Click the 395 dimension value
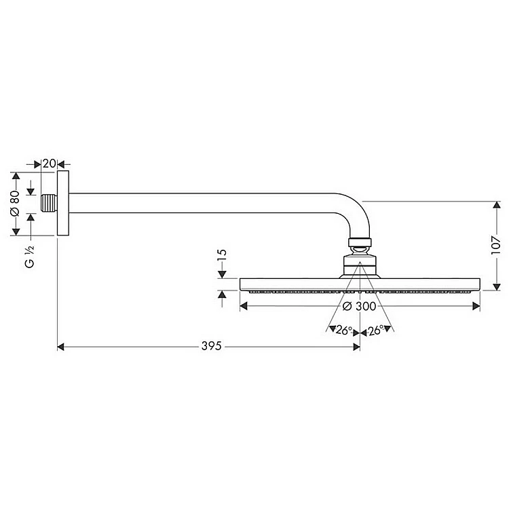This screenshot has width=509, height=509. pyautogui.click(x=211, y=346)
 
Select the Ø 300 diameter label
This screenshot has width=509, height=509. pyautogui.click(x=359, y=306)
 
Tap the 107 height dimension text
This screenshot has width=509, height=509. pyautogui.click(x=496, y=245)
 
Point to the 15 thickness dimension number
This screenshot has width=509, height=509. pyautogui.click(x=222, y=255)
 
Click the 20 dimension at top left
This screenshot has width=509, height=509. pyautogui.click(x=50, y=164)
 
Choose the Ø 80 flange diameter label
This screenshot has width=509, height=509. pyautogui.click(x=15, y=203)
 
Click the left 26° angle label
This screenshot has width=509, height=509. pyautogui.click(x=344, y=330)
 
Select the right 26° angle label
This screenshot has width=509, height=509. pyautogui.click(x=376, y=330)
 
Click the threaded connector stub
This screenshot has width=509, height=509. pyautogui.click(x=49, y=203)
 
